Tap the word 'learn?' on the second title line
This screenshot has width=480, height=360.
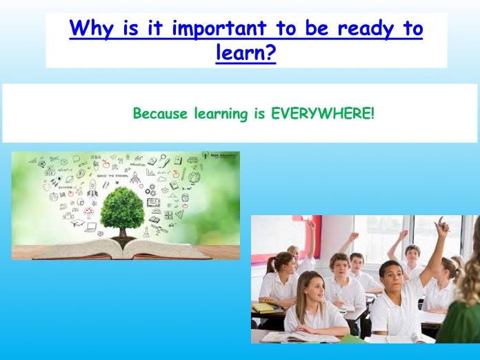(246, 53)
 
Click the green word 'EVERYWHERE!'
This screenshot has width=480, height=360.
(323, 113)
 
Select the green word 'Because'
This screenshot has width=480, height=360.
(159, 113)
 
